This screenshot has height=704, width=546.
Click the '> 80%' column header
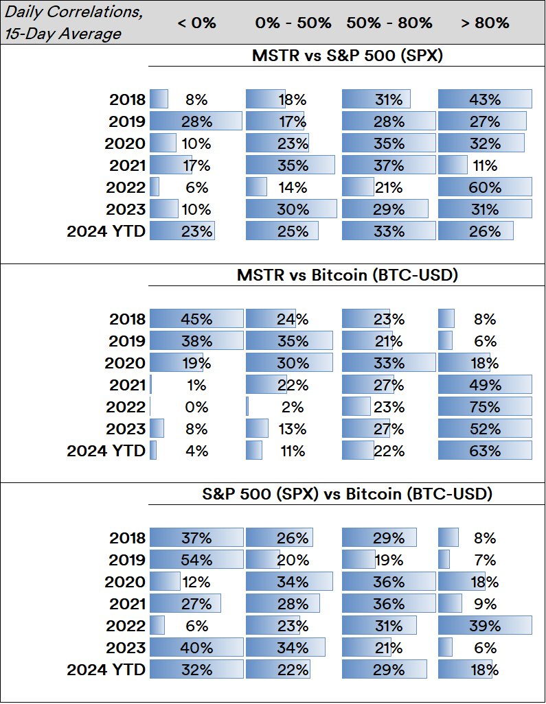[x=485, y=23]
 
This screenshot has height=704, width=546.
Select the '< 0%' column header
[x=196, y=23]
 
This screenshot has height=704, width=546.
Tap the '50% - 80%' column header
[x=389, y=23]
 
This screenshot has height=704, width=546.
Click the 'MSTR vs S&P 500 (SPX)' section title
[x=348, y=56]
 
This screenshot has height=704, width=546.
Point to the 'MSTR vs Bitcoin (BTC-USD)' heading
[x=348, y=275]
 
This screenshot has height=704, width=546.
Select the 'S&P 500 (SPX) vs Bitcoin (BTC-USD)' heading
[x=348, y=494]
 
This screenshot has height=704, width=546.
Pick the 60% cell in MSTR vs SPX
[x=485, y=187]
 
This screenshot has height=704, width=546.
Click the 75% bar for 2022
[x=485, y=407]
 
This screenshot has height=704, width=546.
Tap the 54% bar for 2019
[x=196, y=560]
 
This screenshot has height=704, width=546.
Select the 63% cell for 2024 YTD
[x=485, y=451]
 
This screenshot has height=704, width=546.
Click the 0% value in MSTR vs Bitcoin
[x=196, y=407]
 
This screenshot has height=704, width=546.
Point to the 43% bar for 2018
[x=485, y=99]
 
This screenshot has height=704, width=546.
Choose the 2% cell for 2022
[x=293, y=407]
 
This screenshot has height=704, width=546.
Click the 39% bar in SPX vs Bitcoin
[x=485, y=626]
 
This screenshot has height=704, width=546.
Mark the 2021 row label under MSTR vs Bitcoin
[x=128, y=385]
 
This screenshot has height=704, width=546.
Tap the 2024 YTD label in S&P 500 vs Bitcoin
[x=106, y=670]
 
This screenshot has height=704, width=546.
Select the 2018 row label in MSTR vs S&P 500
[x=128, y=99]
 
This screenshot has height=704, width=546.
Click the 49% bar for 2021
[x=485, y=385]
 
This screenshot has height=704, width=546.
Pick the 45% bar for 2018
[x=196, y=319]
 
